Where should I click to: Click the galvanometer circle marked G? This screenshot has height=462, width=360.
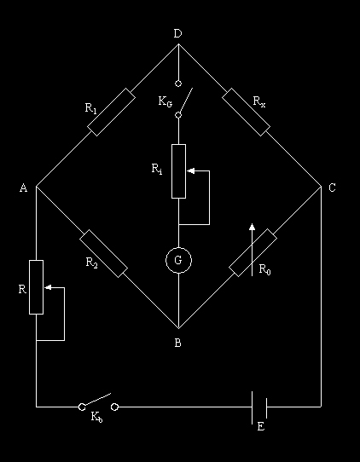[x=166, y=261]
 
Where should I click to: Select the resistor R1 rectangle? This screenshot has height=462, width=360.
[x=112, y=112]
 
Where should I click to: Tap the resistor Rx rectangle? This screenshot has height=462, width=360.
[x=246, y=112]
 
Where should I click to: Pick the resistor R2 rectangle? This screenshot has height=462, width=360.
[x=103, y=254]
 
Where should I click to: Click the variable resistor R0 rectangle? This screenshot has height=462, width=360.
[x=253, y=253]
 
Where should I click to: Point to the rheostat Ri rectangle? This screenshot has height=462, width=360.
[x=178, y=171]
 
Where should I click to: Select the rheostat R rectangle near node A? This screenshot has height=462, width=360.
[x=36, y=287]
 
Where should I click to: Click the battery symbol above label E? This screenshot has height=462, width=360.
[x=259, y=407]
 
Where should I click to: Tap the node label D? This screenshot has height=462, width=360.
[x=177, y=34]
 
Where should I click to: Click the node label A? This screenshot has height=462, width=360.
[x=24, y=188]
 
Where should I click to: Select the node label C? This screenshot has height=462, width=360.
[x=332, y=188]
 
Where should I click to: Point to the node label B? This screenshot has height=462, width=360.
[x=177, y=343]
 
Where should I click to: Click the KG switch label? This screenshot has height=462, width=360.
[x=165, y=102]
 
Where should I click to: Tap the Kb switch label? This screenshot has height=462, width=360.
[x=96, y=417]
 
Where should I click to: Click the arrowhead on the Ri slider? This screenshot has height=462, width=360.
[x=190, y=170]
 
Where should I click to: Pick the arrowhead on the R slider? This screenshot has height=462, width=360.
[x=48, y=287]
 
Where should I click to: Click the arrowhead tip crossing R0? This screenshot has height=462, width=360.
[x=253, y=223]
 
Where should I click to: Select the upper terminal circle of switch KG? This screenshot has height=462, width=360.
[x=178, y=84]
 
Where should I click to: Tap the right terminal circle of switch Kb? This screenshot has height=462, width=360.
[x=114, y=407]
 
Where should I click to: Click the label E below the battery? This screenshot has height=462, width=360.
[x=261, y=426]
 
